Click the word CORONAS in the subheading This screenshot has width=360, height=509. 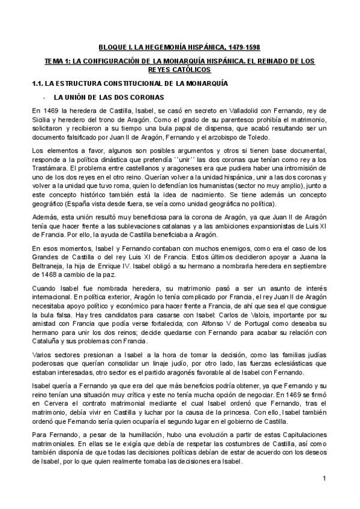coord(145,97)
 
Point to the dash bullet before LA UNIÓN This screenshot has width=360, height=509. coord(44,97)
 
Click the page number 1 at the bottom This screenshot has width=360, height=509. coord(323,478)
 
